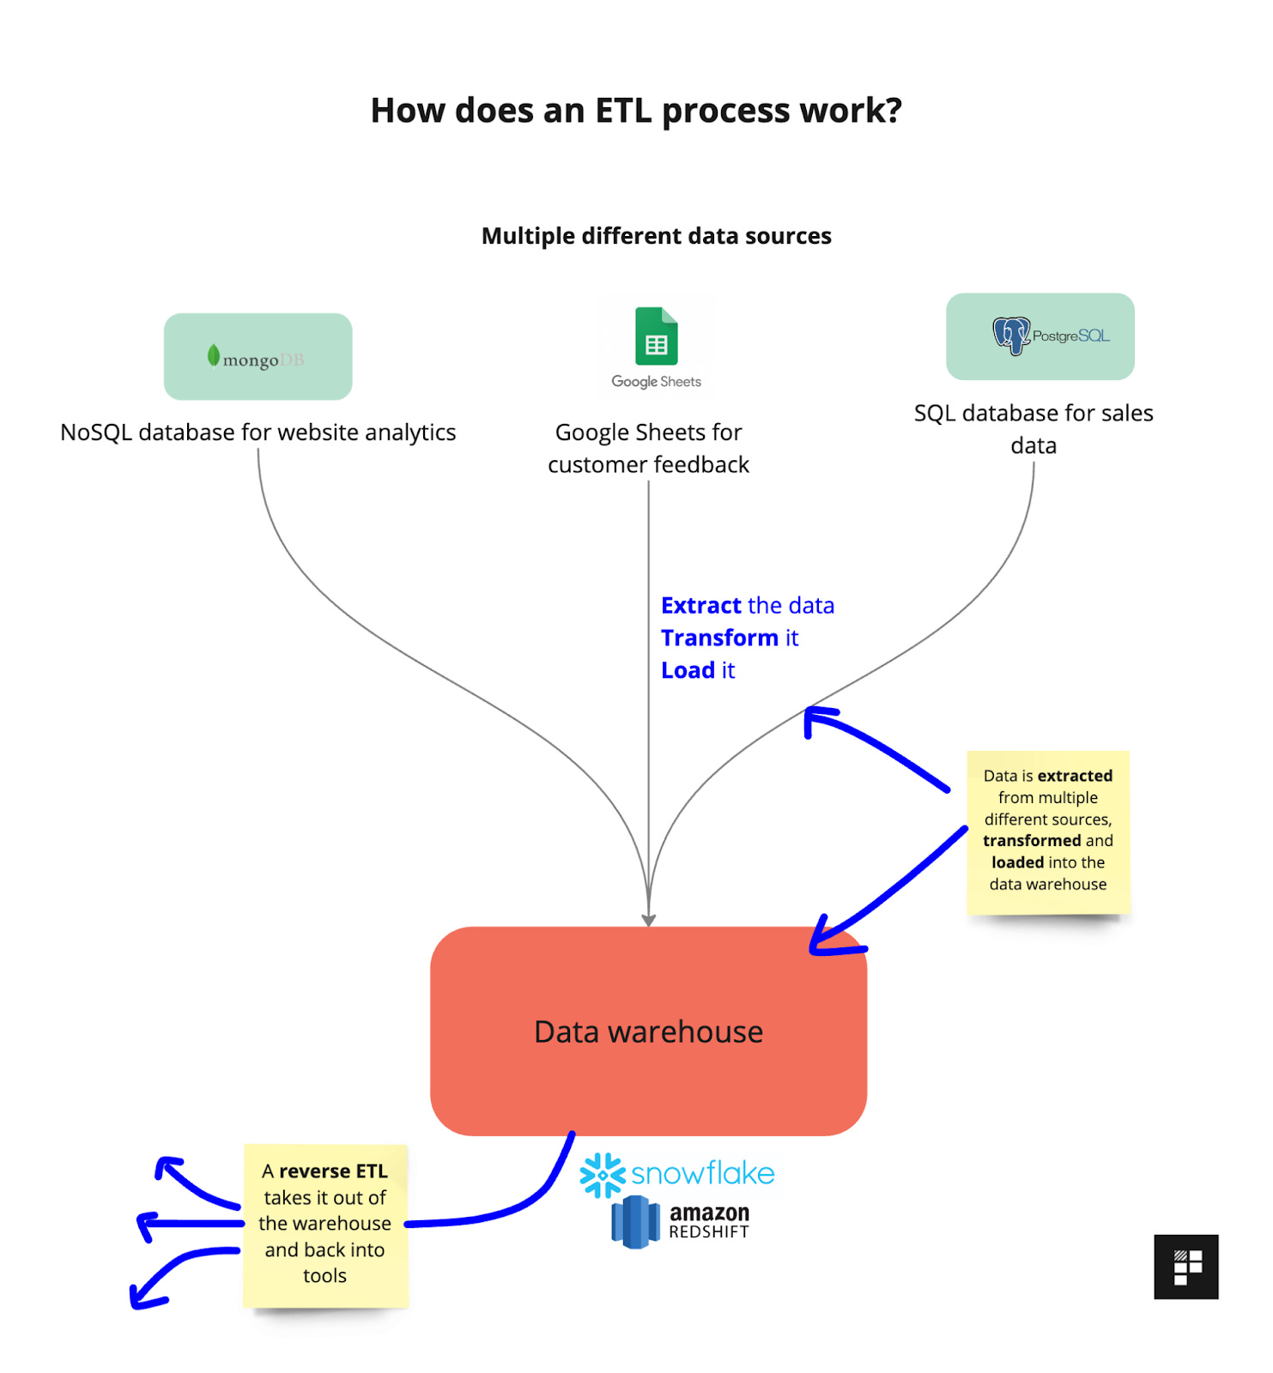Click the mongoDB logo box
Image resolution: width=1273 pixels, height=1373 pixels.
click(258, 357)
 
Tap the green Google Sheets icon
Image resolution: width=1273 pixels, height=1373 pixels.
click(656, 336)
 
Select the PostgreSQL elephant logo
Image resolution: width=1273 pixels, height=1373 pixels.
click(1011, 335)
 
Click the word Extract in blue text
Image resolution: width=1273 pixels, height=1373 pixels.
click(700, 606)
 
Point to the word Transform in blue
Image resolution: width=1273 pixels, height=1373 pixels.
click(718, 638)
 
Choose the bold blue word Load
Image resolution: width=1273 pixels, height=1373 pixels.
click(687, 670)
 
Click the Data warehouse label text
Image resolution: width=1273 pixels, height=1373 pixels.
click(648, 1031)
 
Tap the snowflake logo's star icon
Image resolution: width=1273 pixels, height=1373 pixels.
click(602, 1175)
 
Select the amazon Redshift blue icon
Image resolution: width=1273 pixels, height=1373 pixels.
click(635, 1222)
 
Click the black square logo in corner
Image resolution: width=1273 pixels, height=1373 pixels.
click(1185, 1267)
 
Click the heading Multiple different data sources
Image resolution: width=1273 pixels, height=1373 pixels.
click(656, 236)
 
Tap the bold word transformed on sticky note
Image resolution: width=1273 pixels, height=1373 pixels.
click(1031, 841)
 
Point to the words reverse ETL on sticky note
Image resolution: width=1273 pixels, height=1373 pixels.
click(333, 1171)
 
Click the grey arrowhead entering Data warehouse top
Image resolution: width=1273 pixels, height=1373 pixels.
click(648, 920)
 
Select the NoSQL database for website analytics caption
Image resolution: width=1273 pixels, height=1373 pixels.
click(258, 432)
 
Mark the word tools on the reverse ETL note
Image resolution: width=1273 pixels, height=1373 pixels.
click(324, 1276)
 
